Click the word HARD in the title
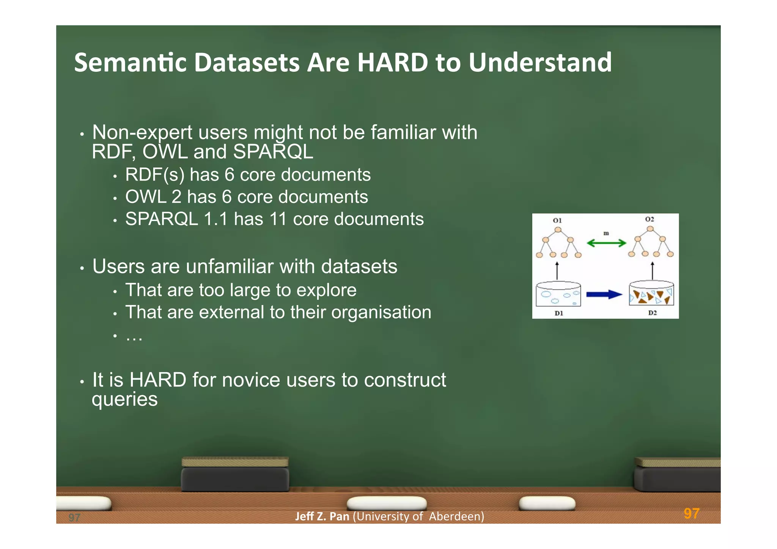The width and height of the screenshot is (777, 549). pyautogui.click(x=392, y=63)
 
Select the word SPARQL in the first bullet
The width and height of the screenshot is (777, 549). pyautogui.click(x=273, y=152)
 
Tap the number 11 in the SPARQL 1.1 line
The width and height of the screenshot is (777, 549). pyautogui.click(x=278, y=219)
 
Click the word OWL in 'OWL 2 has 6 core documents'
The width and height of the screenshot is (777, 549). pyautogui.click(x=146, y=197)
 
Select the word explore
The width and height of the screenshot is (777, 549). pyautogui.click(x=326, y=291)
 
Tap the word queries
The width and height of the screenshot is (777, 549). pyautogui.click(x=124, y=400)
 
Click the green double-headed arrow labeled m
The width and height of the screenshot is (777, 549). pyautogui.click(x=606, y=243)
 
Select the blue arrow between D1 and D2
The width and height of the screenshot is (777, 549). pyautogui.click(x=604, y=294)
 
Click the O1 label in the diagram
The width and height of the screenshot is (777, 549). pyautogui.click(x=557, y=220)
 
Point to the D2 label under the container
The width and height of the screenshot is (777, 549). pyautogui.click(x=652, y=313)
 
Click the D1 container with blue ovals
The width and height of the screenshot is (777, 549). pyautogui.click(x=558, y=294)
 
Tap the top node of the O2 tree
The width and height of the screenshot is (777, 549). pyautogui.click(x=650, y=229)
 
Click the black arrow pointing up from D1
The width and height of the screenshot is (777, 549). pyautogui.click(x=557, y=271)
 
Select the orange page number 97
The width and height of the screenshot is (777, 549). pyautogui.click(x=691, y=514)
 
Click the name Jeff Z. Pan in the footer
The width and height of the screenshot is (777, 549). pyautogui.click(x=322, y=517)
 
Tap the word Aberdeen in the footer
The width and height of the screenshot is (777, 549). pyautogui.click(x=456, y=517)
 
